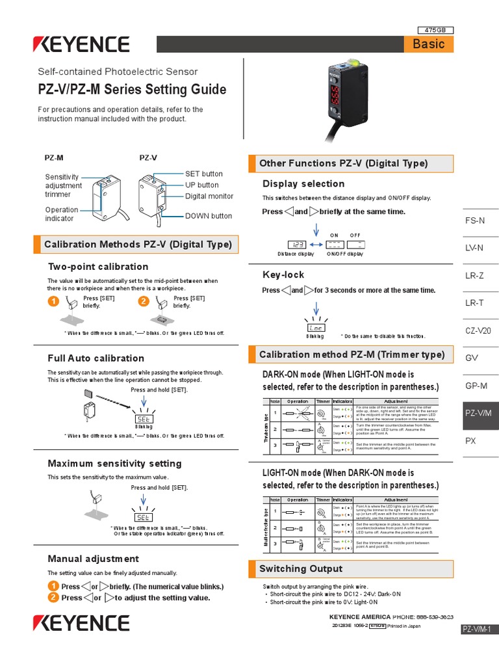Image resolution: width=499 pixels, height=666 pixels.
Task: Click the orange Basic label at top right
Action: pyautogui.click(x=428, y=44)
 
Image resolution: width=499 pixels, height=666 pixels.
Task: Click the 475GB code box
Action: pyautogui.click(x=435, y=30)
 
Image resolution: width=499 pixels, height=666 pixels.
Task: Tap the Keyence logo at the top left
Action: pyautogui.click(x=82, y=44)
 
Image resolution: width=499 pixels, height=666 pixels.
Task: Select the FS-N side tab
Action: pyautogui.click(x=475, y=220)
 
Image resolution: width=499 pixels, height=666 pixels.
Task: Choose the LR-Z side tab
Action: pyautogui.click(x=475, y=276)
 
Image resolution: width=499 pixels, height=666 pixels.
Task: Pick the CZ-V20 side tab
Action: pyautogui.click(x=478, y=330)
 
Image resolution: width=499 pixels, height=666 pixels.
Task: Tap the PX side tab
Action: pyautogui.click(x=471, y=440)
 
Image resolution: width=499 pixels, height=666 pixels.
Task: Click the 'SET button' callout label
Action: pyautogui.click(x=203, y=174)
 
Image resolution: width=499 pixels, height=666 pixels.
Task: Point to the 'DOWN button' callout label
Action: pyautogui.click(x=208, y=216)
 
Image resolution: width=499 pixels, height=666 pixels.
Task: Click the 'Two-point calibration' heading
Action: pyautogui.click(x=98, y=267)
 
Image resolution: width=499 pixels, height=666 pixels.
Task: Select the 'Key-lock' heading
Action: pyautogui.click(x=283, y=275)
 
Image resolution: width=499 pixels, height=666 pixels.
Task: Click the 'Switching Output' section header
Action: pyautogui.click(x=300, y=568)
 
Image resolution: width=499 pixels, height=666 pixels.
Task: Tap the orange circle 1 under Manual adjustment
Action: pyautogui.click(x=53, y=586)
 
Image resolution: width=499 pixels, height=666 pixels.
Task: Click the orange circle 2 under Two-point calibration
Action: pyautogui.click(x=144, y=301)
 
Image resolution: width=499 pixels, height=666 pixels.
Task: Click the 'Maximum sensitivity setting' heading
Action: pyautogui.click(x=114, y=464)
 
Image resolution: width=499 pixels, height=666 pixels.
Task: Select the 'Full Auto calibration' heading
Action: pyautogui.click(x=96, y=358)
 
